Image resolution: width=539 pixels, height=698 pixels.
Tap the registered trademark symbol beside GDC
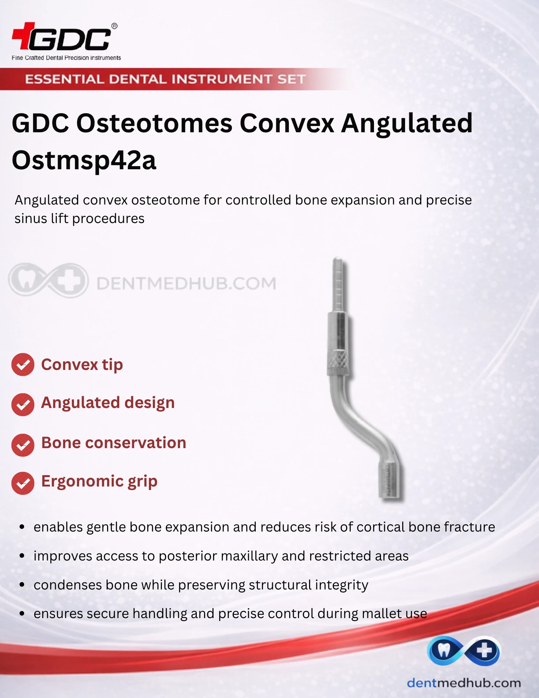pyautogui.click(x=114, y=26)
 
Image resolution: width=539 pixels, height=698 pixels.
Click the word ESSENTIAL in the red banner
pyautogui.click(x=65, y=79)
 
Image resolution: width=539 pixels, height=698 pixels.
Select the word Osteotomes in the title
pyautogui.click(x=155, y=123)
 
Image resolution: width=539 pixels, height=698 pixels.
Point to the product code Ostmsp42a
pyautogui.click(x=84, y=160)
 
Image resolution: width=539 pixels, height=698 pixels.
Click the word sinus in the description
pyautogui.click(x=31, y=218)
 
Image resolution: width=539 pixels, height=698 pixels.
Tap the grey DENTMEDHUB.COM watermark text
pyautogui.click(x=186, y=283)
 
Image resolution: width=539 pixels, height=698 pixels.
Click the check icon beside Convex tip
pyautogui.click(x=23, y=365)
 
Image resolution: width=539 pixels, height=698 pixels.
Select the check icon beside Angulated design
pyautogui.click(x=23, y=404)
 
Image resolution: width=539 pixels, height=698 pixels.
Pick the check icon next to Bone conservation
pyautogui.click(x=23, y=445)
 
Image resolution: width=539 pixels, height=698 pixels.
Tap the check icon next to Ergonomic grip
pyautogui.click(x=23, y=483)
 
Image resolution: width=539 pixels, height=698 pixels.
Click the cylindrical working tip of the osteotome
pyautogui.click(x=390, y=480)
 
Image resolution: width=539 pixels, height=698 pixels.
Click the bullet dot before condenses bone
pyautogui.click(x=22, y=585)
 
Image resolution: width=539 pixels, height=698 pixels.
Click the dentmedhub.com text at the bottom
pyautogui.click(x=464, y=683)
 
